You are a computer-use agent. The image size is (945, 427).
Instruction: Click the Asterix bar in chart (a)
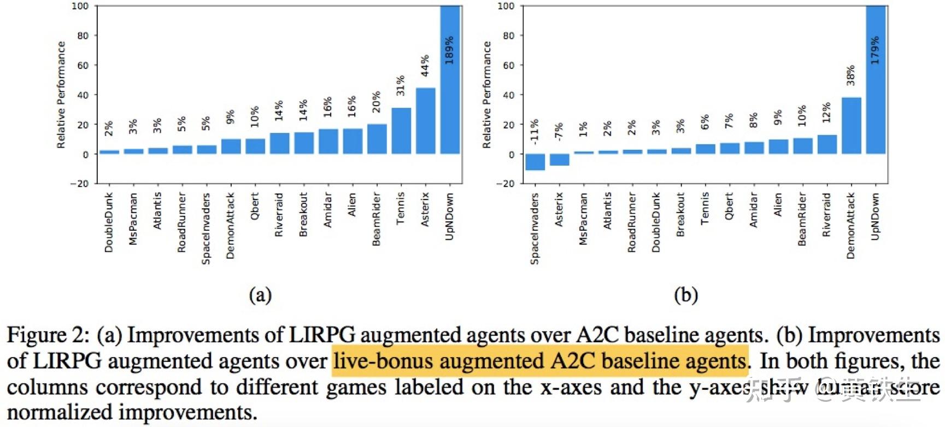tap(425, 121)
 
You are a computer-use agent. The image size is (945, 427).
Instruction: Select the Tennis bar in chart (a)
tap(401, 131)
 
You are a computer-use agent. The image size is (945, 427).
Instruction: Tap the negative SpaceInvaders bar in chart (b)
tap(535, 162)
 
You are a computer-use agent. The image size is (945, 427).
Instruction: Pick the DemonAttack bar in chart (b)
tap(851, 126)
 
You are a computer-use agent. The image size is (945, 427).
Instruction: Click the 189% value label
tap(449, 50)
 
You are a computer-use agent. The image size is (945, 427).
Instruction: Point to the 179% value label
tap(875, 50)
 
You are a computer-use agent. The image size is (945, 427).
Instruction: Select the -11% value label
tap(535, 130)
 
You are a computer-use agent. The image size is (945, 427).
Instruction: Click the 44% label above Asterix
tap(425, 66)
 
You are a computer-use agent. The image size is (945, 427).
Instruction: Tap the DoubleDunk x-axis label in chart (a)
tap(109, 222)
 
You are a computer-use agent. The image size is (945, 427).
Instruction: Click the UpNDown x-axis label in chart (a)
tap(449, 216)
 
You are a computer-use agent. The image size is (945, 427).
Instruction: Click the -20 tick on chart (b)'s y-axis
tap(505, 184)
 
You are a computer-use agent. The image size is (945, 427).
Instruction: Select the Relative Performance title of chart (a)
tap(61, 95)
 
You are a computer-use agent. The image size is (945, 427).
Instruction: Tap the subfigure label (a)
tap(260, 295)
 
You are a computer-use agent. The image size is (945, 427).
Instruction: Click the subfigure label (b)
tap(686, 295)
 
